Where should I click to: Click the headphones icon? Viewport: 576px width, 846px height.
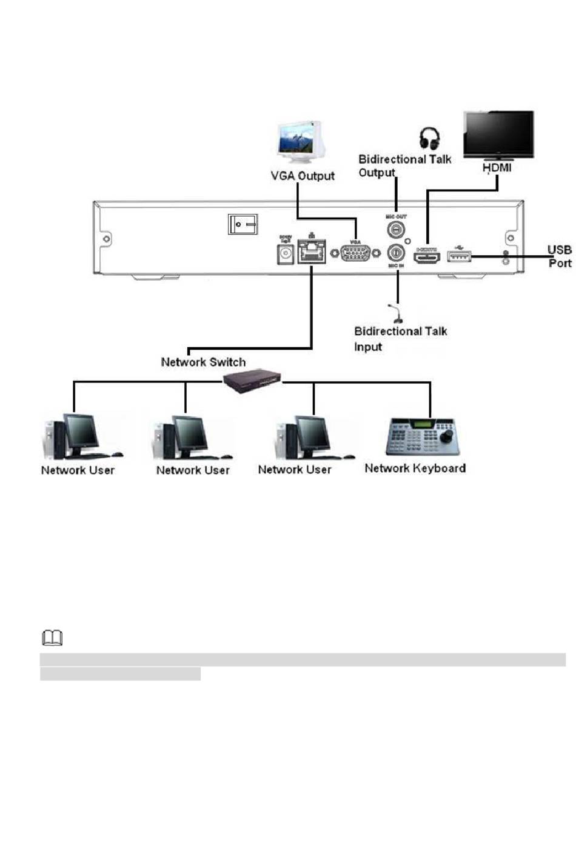point(429,138)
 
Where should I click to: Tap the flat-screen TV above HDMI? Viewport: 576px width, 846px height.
point(498,134)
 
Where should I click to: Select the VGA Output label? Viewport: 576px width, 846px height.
point(302,176)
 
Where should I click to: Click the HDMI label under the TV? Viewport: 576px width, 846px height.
point(497,168)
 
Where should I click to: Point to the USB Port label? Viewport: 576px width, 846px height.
point(559,256)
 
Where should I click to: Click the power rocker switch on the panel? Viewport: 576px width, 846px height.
point(243,224)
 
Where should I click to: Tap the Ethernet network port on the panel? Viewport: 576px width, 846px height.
point(311,251)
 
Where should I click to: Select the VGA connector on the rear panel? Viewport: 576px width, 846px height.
point(355,252)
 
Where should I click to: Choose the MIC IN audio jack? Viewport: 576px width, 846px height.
point(396,253)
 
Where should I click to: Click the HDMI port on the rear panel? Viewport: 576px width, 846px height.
point(427,257)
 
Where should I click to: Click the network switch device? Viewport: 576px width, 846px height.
point(252,381)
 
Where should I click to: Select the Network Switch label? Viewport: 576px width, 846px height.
point(203,362)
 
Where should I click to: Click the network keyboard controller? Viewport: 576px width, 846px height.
point(422,436)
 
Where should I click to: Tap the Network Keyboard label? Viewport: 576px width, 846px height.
point(415,468)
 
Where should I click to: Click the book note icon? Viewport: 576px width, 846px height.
point(52,638)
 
